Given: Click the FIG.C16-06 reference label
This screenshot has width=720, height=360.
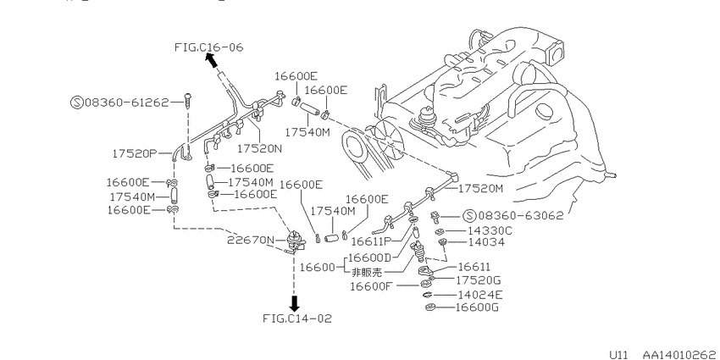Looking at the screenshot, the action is [x=209, y=47].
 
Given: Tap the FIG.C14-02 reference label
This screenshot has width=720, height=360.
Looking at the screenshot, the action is [x=297, y=318].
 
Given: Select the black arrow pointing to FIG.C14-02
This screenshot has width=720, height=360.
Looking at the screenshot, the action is [x=295, y=303].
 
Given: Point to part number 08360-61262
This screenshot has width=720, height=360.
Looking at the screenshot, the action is [x=127, y=102].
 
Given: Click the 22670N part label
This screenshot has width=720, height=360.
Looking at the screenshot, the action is [x=250, y=241].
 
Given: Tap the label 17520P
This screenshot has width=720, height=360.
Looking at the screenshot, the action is [x=135, y=153].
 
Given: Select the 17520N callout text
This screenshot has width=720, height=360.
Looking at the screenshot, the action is [x=259, y=148].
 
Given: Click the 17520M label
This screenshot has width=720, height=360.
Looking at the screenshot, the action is [x=481, y=188].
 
